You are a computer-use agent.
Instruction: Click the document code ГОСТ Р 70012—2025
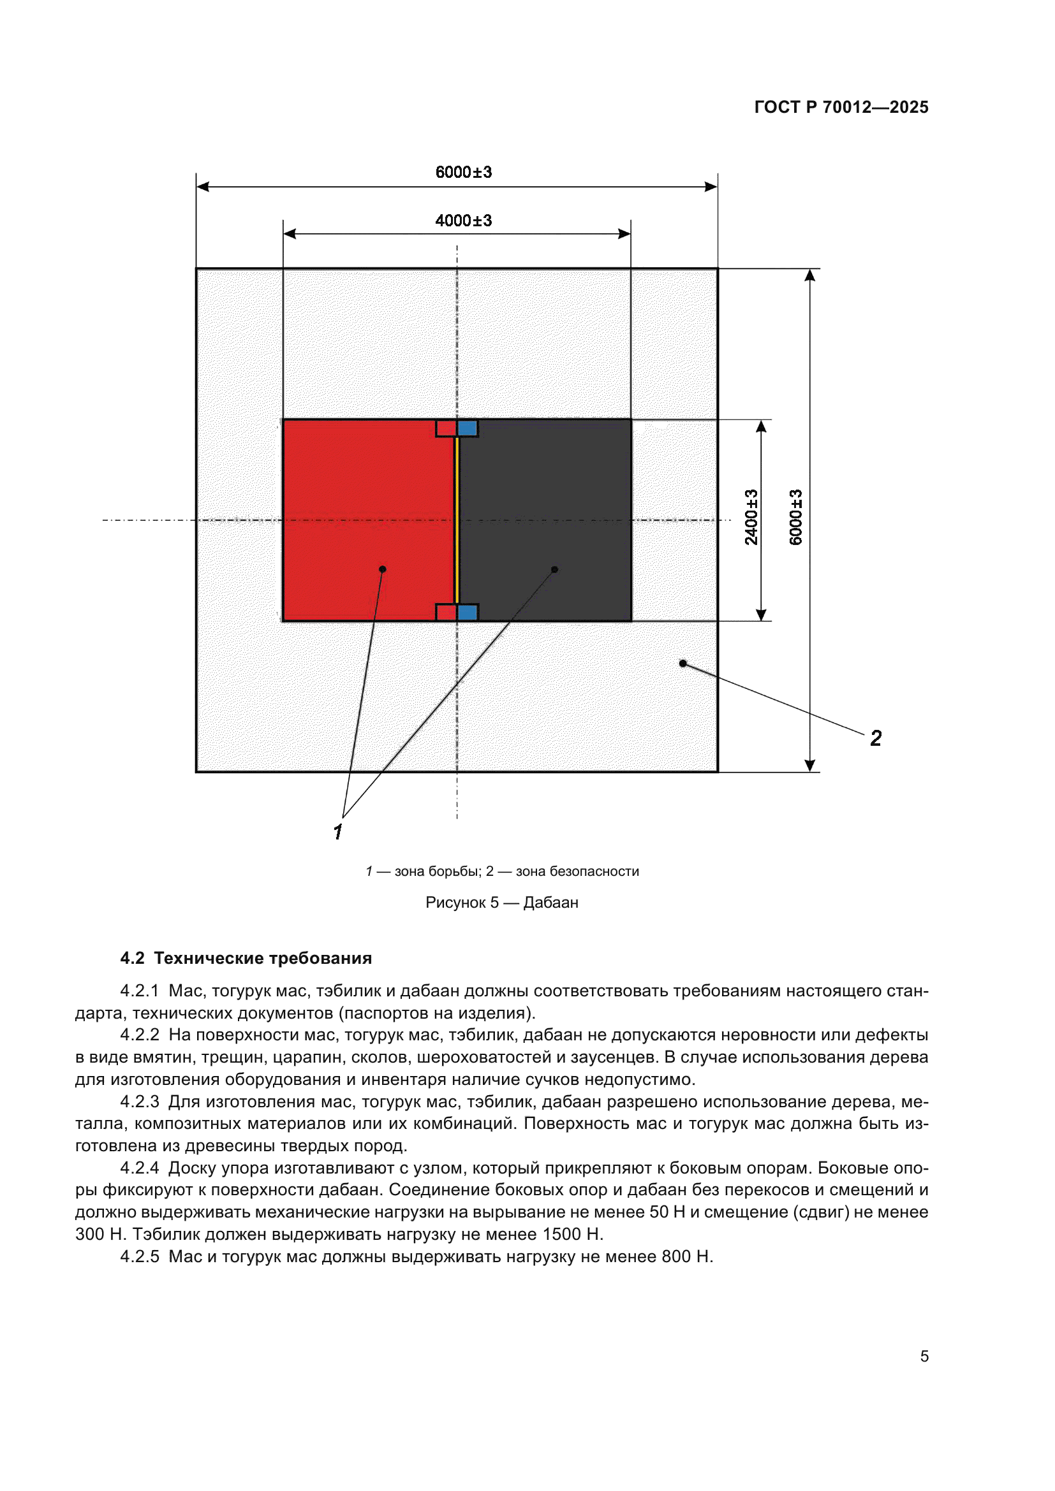[x=841, y=107]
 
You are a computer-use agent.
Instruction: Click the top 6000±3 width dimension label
[x=463, y=172]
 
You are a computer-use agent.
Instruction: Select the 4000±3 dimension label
[x=463, y=221]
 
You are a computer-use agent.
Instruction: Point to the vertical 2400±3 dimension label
[x=751, y=517]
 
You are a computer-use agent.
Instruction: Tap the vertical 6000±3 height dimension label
[x=796, y=517]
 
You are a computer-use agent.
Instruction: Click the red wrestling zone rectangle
[x=364, y=507]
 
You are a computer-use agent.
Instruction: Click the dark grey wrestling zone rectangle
[x=552, y=493]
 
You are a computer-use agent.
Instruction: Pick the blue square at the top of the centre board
[x=468, y=428]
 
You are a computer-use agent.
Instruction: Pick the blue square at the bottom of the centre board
[x=468, y=613]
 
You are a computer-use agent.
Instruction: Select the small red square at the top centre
[x=446, y=428]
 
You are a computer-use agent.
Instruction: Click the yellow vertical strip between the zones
[x=457, y=520]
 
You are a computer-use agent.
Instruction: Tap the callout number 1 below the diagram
[x=338, y=832]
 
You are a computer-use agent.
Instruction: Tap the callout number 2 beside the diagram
[x=876, y=738]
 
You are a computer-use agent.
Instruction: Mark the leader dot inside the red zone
[x=383, y=569]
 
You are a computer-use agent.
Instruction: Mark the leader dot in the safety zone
[x=682, y=664]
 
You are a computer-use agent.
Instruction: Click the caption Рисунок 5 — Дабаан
[x=501, y=903]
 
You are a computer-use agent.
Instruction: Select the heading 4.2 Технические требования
[x=246, y=959]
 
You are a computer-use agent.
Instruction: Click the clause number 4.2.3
[x=140, y=1102]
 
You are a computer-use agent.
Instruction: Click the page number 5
[x=924, y=1356]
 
